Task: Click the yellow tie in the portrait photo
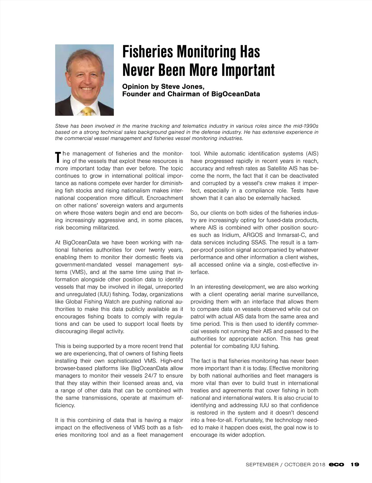point(87,111)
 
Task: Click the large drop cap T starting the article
point(58,157)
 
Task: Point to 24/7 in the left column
point(148,376)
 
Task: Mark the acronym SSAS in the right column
point(254,242)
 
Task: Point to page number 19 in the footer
point(355,465)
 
